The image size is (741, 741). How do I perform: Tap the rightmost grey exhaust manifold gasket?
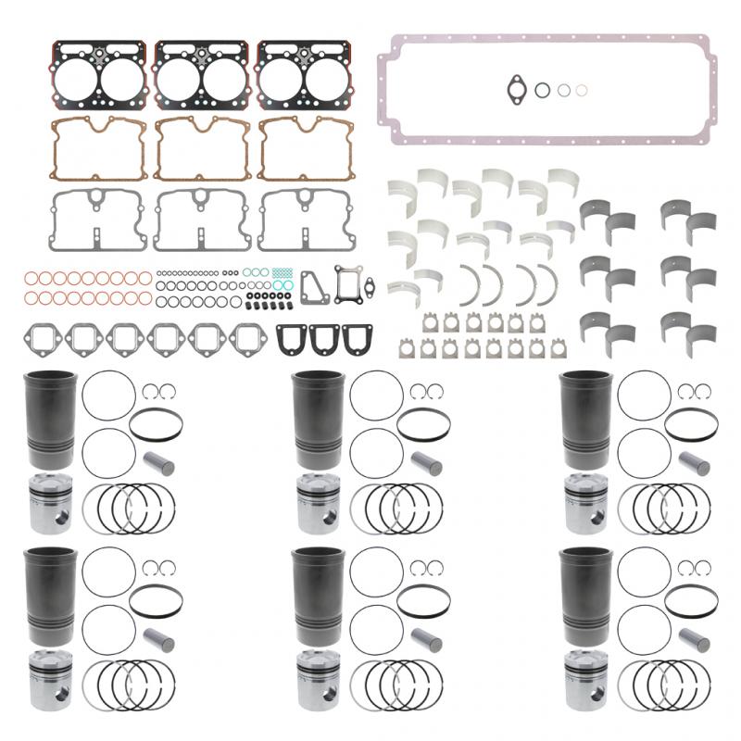(x=248, y=339)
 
